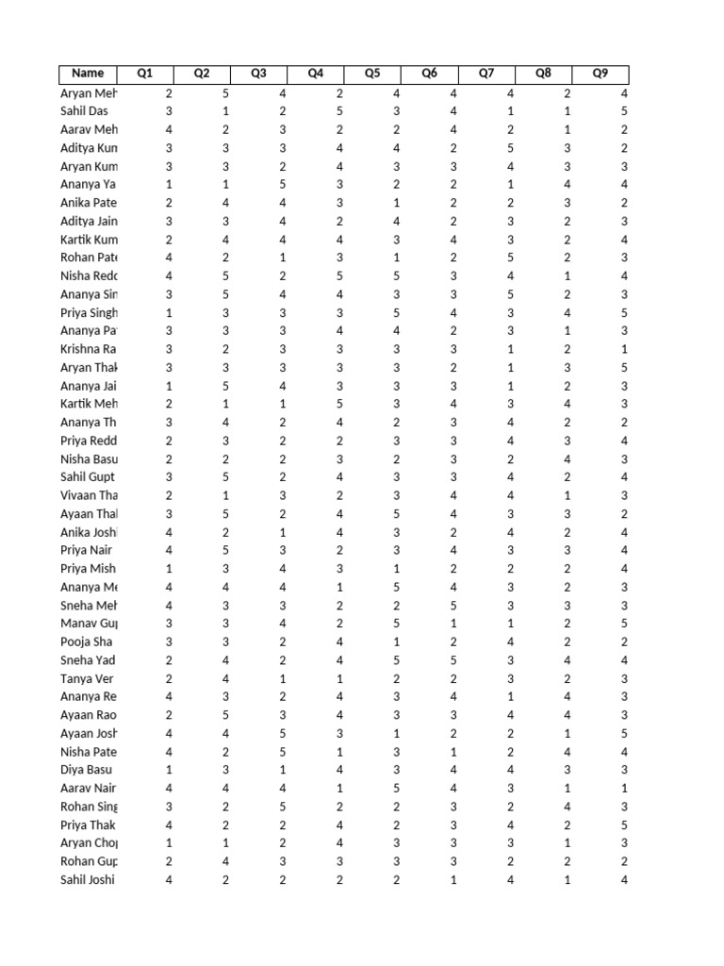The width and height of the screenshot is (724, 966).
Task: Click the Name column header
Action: [x=88, y=74]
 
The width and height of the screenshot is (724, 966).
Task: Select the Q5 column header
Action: [x=372, y=74]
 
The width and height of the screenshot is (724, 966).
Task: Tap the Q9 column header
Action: [x=600, y=74]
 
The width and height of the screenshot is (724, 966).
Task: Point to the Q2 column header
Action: [x=202, y=74]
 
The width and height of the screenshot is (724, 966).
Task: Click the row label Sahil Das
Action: [x=84, y=111]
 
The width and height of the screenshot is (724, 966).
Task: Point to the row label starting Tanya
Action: [x=88, y=678]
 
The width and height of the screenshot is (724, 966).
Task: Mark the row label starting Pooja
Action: [x=88, y=641]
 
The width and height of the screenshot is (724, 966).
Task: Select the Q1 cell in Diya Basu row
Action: [x=169, y=770]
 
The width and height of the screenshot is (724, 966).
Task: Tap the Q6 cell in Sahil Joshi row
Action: [x=453, y=879]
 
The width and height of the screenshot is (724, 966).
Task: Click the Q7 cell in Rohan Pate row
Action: [x=510, y=258]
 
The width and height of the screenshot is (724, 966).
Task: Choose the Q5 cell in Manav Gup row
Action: [x=397, y=624]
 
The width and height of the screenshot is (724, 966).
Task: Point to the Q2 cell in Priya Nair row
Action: [x=225, y=550]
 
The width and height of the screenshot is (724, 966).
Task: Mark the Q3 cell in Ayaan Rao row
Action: [x=283, y=715]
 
